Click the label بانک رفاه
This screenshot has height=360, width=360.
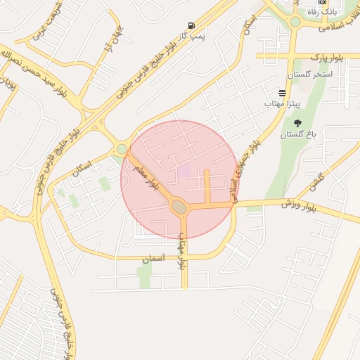click(324, 12)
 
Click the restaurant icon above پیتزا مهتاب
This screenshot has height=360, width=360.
click(282, 93)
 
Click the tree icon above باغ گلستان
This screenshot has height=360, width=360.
click(297, 123)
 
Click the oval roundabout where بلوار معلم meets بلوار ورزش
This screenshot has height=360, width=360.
click(179, 207)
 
